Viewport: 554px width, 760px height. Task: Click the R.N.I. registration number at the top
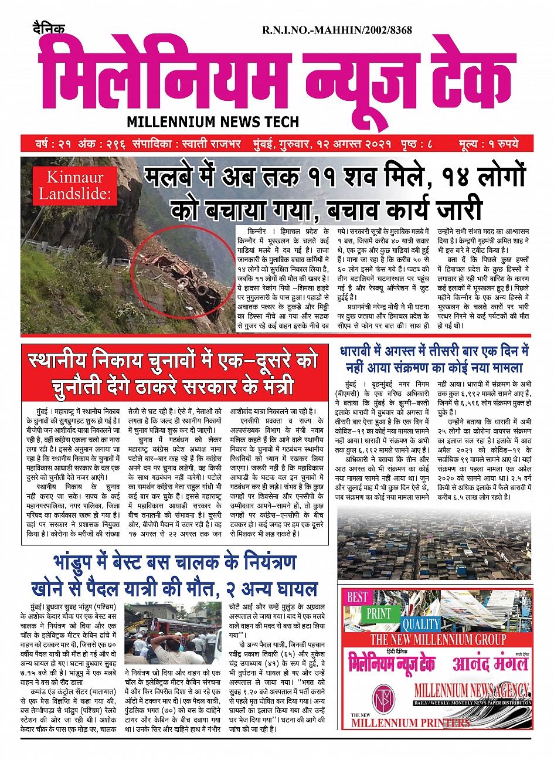[337, 30]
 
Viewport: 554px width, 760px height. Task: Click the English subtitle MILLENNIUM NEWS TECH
[213, 122]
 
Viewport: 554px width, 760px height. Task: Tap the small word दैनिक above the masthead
[49, 29]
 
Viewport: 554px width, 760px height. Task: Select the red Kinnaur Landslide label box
[74, 185]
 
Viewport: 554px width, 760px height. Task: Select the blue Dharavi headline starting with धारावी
[434, 359]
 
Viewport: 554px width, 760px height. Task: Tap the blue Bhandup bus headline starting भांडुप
[174, 575]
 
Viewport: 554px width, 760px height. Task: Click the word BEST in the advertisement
[357, 598]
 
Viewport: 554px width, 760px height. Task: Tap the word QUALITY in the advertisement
[420, 624]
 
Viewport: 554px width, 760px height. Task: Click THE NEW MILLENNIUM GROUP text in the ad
[438, 639]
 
